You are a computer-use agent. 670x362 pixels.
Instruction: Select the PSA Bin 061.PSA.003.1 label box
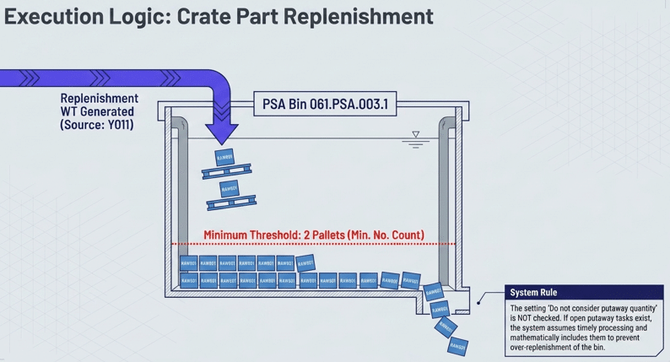[x=325, y=105]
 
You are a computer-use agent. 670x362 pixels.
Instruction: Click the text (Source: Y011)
[x=98, y=125]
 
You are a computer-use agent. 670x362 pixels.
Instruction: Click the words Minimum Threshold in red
[x=252, y=235]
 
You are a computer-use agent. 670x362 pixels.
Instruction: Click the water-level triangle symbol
[x=415, y=135]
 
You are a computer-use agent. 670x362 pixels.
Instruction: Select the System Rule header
[x=533, y=293]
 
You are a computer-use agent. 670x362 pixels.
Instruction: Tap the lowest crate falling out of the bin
[x=457, y=345]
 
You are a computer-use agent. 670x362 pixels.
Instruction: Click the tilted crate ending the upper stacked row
[x=305, y=262]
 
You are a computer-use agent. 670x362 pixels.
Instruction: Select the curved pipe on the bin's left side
[x=180, y=194]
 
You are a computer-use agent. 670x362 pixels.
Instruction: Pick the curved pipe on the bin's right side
[x=446, y=194]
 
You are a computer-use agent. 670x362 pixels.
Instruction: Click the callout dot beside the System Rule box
[x=479, y=300]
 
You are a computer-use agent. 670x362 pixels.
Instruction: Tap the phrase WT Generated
[x=99, y=111]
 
